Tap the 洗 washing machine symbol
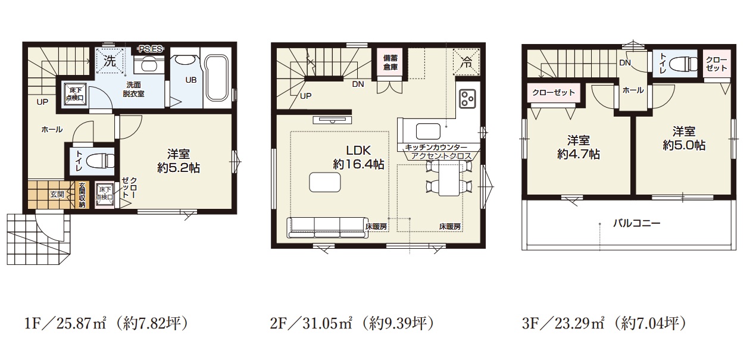tap(110, 61)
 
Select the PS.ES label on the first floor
tap(151, 49)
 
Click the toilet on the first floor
tap(100, 161)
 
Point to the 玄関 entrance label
tap(57, 195)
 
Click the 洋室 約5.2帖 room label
tap(179, 161)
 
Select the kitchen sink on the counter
tap(428, 132)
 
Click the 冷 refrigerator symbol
tap(467, 61)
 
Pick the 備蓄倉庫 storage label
tap(390, 62)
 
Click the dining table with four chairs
tap(449, 178)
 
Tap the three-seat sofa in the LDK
tap(327, 228)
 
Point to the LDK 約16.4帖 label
tap(358, 157)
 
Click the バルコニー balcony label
tap(636, 223)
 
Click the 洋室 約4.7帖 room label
tap(579, 147)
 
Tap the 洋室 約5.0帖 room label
tap(684, 138)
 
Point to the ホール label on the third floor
tap(633, 90)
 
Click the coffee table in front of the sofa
tap(324, 183)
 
